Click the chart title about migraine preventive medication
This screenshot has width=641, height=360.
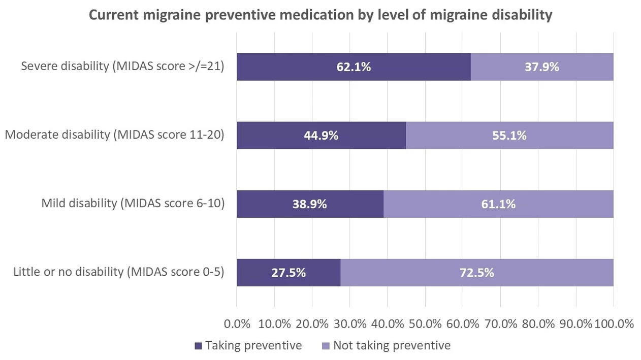[x=320, y=15]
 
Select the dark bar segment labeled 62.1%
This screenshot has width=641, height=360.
[x=354, y=67]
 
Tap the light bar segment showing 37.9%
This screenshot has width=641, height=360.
[x=542, y=67]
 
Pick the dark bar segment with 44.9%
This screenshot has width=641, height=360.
[x=321, y=136]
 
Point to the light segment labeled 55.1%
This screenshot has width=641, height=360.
[x=509, y=136]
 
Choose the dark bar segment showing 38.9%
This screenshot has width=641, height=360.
[x=310, y=204]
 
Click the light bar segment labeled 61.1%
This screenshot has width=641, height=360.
[x=498, y=204]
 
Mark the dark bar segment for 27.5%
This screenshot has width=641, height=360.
[x=289, y=273]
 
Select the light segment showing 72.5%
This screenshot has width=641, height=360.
[x=477, y=273]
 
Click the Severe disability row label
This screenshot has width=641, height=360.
[x=122, y=67]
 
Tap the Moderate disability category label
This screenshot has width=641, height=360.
[x=114, y=136]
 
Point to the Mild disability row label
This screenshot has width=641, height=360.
[x=133, y=204]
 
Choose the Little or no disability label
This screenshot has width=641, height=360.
[x=118, y=273]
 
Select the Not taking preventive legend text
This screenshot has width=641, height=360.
[x=392, y=346]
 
